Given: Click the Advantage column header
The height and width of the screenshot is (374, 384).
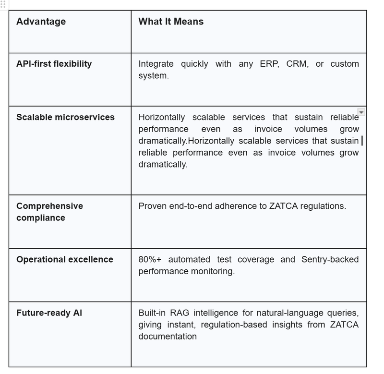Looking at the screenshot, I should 41,22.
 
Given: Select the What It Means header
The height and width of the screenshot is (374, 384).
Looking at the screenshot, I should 171,22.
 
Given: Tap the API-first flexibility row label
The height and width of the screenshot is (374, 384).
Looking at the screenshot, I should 54,64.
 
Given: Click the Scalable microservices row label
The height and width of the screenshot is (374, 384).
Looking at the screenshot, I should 65,117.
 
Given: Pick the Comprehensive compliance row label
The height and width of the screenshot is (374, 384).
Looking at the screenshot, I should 49,212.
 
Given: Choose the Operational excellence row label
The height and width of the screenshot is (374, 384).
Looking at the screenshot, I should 65,259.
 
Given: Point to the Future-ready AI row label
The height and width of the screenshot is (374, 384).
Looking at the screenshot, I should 49,313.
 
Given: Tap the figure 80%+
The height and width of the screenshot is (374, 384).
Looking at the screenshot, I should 150,259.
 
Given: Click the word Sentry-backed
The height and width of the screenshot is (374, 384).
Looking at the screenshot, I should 330,259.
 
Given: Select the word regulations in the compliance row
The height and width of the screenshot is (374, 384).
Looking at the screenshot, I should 323,206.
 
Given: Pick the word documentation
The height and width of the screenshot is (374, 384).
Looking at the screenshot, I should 168,336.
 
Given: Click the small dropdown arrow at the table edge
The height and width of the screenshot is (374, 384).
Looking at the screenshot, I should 361,112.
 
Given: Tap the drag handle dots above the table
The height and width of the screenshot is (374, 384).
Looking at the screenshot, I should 4,5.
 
